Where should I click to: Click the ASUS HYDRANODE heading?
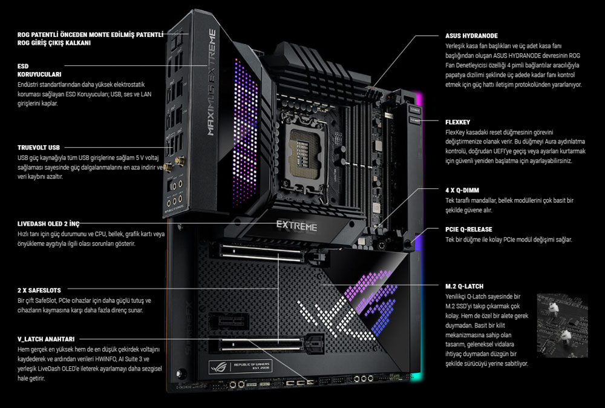click(x=471, y=36)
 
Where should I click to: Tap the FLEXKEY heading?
click(x=457, y=122)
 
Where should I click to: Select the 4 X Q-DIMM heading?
click(x=462, y=190)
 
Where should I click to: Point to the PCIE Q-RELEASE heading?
click(x=469, y=229)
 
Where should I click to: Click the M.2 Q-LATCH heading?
click(x=464, y=286)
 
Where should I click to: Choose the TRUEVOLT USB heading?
click(x=39, y=148)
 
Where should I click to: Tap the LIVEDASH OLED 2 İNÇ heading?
click(x=48, y=224)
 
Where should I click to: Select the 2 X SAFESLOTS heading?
click(x=39, y=291)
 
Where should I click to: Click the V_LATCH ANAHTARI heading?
click(x=46, y=339)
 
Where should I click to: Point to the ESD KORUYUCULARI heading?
click(x=39, y=70)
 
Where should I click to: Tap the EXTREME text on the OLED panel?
click(x=296, y=226)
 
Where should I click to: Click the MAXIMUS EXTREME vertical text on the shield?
click(x=211, y=82)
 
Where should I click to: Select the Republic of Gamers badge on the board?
click(x=240, y=366)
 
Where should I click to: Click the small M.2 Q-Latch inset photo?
click(x=562, y=326)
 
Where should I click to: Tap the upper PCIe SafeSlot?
click(x=261, y=252)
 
